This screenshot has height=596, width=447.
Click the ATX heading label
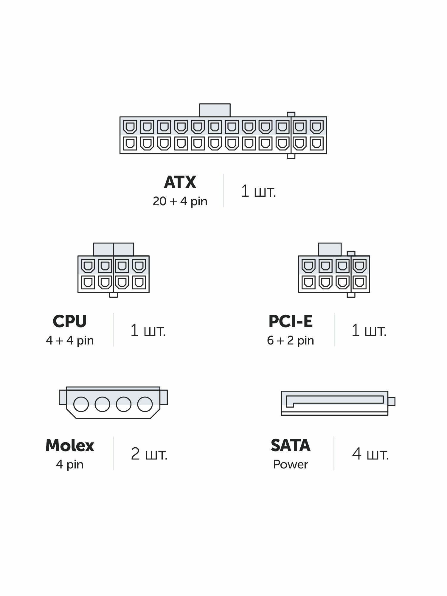point(180,182)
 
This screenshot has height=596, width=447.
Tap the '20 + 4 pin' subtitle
point(180,201)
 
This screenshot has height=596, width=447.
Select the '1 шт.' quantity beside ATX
point(258,191)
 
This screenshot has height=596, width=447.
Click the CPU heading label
point(69,321)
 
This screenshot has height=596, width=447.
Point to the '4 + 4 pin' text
point(70,340)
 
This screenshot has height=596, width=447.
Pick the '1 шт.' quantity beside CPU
point(148,330)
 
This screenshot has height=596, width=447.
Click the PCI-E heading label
point(291,321)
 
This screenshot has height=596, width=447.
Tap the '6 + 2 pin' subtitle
point(291,340)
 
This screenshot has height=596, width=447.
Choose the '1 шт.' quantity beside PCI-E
point(369,330)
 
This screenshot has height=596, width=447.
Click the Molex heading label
point(70,446)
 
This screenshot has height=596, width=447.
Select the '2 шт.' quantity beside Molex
point(149,454)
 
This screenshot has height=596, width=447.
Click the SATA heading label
point(291,446)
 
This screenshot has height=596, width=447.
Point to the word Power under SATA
point(291,465)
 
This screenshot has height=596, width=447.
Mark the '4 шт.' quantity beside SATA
point(370,454)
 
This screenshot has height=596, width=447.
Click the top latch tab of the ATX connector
point(215,110)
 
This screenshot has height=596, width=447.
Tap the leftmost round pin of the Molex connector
point(81,404)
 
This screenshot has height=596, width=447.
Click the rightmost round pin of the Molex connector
point(145,404)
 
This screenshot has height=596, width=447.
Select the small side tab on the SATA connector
point(392,401)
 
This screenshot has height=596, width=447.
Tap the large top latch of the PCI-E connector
point(330,249)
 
